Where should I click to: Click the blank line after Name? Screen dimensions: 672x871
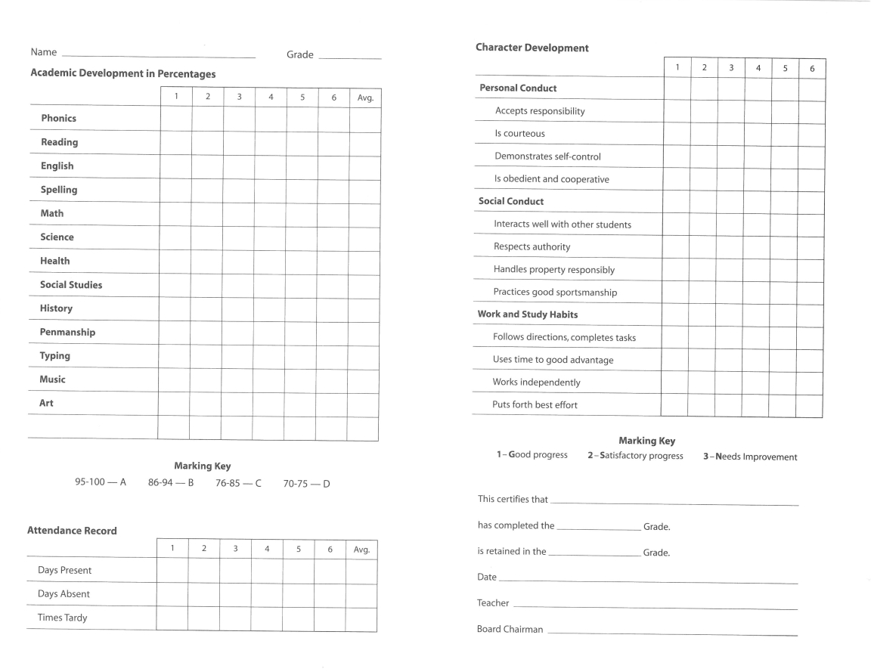coord(158,55)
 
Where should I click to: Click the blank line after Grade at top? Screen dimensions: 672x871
coord(349,57)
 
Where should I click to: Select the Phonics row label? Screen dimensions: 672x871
coord(58,118)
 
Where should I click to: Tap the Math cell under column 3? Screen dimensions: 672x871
coord(238,214)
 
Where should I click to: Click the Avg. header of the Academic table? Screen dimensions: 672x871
coord(364,98)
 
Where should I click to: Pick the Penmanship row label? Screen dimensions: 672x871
coord(67,332)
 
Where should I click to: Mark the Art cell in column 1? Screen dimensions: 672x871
coord(174,404)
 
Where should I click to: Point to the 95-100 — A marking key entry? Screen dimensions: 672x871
coord(101,482)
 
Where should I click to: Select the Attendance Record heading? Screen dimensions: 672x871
coord(72,531)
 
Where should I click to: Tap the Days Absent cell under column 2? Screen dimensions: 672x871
coord(204,594)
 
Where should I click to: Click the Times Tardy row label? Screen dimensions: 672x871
coord(62,618)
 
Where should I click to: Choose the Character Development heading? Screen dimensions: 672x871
coord(532,48)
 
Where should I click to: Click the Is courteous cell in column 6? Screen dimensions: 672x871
coord(811,134)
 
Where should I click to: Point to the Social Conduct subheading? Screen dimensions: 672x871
coord(511,202)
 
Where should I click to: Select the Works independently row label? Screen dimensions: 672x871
coord(536,382)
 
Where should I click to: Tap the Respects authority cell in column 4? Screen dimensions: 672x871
coord(758,247)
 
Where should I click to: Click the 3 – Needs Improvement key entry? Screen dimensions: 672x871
coord(749,457)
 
